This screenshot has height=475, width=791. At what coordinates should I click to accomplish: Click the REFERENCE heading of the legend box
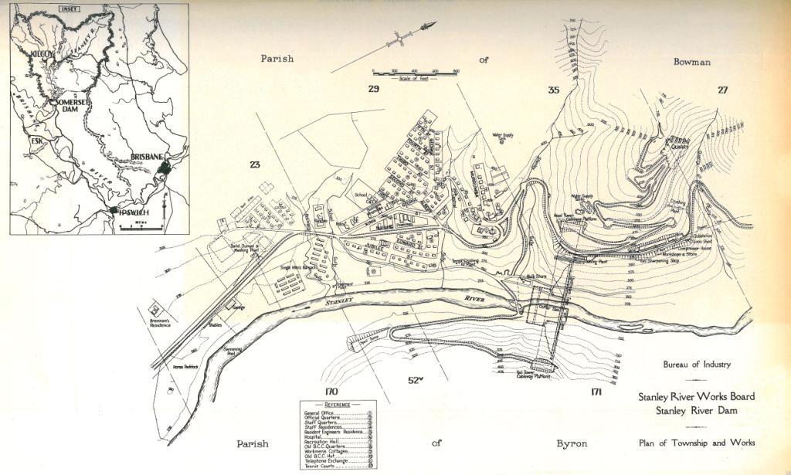[338, 405]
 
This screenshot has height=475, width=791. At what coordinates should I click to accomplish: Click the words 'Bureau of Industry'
[696, 365]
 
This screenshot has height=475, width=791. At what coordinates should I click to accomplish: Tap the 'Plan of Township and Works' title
[697, 443]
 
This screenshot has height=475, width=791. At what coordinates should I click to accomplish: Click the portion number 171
[596, 392]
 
